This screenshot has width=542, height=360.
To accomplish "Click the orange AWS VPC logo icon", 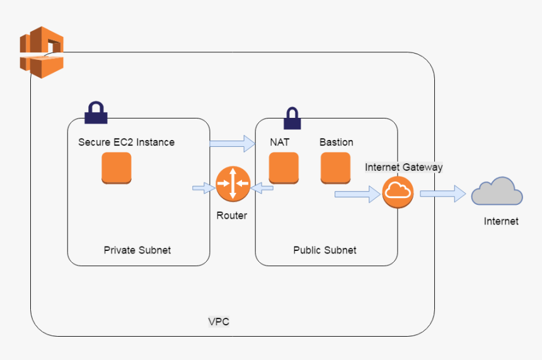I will pyautogui.click(x=42, y=52).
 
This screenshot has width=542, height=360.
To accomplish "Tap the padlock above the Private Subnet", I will pyautogui.click(x=96, y=112).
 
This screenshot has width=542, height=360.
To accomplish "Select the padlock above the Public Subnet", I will pyautogui.click(x=291, y=117).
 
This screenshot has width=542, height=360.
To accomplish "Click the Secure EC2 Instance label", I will pyautogui.click(x=126, y=142).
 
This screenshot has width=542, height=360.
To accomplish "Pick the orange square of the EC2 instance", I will pyautogui.click(x=117, y=168).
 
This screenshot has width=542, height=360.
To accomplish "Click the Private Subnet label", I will pyautogui.click(x=137, y=250).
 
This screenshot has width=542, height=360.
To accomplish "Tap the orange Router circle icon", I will pyautogui.click(x=233, y=183).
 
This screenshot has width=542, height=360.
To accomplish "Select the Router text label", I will pyautogui.click(x=232, y=215).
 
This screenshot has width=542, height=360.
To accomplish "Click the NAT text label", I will pyautogui.click(x=280, y=142).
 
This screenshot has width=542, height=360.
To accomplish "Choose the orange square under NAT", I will pyautogui.click(x=283, y=168).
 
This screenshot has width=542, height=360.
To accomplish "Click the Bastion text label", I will pyautogui.click(x=336, y=142).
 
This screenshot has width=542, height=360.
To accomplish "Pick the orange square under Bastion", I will pyautogui.click(x=335, y=168).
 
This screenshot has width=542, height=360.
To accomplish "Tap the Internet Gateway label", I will pyautogui.click(x=404, y=167).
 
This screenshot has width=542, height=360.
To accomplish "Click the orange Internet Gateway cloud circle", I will pyautogui.click(x=398, y=191).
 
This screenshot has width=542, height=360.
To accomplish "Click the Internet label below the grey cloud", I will pyautogui.click(x=501, y=221).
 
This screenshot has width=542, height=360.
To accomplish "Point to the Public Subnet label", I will pyautogui.click(x=325, y=250).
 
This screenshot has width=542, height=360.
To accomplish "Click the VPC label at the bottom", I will pyautogui.click(x=219, y=322).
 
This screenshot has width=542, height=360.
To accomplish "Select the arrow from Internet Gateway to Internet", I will pyautogui.click(x=443, y=194).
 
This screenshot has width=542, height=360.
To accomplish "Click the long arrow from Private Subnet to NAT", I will pyautogui.click(x=231, y=144).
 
